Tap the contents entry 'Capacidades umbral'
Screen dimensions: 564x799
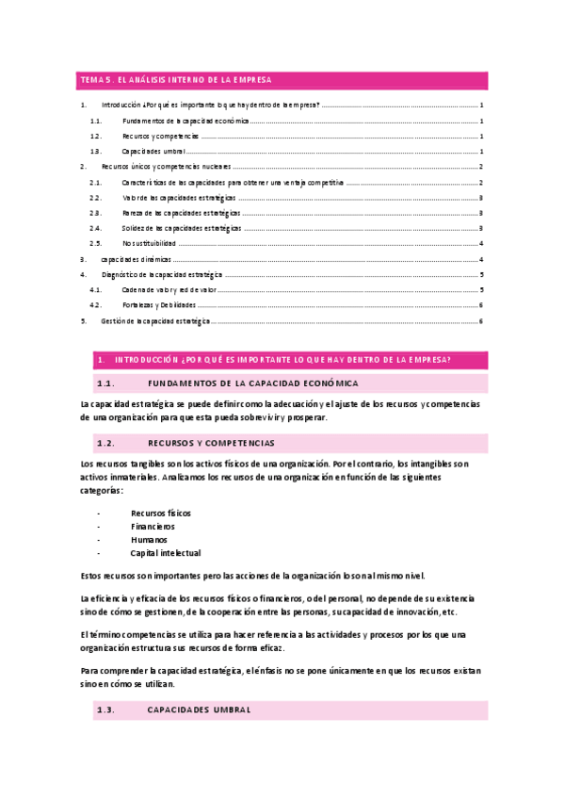tap(153, 152)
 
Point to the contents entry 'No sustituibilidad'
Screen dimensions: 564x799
tap(149, 243)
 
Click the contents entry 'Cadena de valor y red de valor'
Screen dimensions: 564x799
tap(169, 290)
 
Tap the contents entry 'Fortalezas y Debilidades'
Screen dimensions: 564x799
tap(159, 305)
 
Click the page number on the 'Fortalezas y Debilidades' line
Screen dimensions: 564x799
tap(481, 305)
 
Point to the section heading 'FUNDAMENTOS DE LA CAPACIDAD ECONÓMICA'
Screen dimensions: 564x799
tap(253, 383)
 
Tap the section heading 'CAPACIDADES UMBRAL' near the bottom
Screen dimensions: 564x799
tap(200, 710)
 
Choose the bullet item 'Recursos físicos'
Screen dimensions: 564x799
tap(161, 513)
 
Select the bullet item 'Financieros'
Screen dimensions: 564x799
tap(153, 526)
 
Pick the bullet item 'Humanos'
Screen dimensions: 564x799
tap(150, 540)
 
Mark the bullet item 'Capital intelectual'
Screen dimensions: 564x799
tap(166, 553)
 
